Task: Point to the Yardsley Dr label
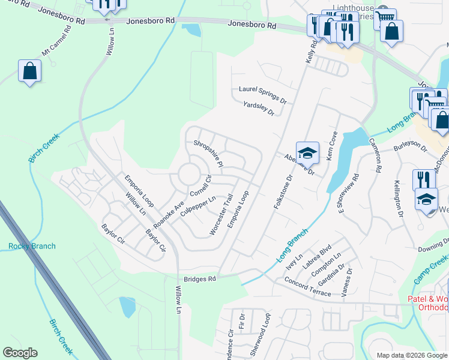[x=259, y=109]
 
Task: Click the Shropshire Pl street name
[x=208, y=154]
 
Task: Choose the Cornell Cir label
[x=201, y=185]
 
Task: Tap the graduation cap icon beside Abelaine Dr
[x=307, y=153]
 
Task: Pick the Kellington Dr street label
[x=398, y=198]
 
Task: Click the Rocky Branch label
[x=32, y=246]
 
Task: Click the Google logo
[x=20, y=353]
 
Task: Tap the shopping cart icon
[x=385, y=19]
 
